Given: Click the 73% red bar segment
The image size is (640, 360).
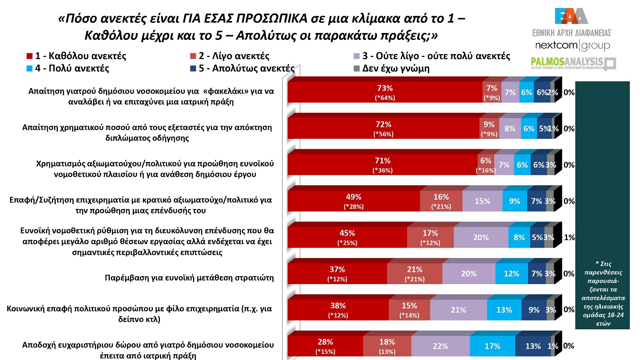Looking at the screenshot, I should [x=384, y=92].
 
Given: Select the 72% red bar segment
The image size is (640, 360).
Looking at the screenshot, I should [x=383, y=129].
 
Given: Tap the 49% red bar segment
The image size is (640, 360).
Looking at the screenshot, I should [x=354, y=201].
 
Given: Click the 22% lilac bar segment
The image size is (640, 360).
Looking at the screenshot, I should [x=440, y=346].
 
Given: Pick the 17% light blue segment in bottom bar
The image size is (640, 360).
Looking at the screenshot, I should [x=492, y=346].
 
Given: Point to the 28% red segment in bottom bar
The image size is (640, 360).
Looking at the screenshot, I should [x=325, y=346].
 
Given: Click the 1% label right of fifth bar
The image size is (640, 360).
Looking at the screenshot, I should [x=569, y=238].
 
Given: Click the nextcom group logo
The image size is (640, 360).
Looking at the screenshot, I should [x=572, y=46].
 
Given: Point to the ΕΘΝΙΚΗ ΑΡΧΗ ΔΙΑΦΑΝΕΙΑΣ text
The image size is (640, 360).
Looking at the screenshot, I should [x=571, y=33].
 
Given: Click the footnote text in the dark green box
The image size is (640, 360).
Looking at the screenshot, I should [x=603, y=293].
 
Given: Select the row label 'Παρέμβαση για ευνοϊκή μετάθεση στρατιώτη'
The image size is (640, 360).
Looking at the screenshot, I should [x=189, y=277].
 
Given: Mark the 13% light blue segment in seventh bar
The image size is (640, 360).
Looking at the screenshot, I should [x=504, y=310].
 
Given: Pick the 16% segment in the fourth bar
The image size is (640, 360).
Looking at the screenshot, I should [x=441, y=201].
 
